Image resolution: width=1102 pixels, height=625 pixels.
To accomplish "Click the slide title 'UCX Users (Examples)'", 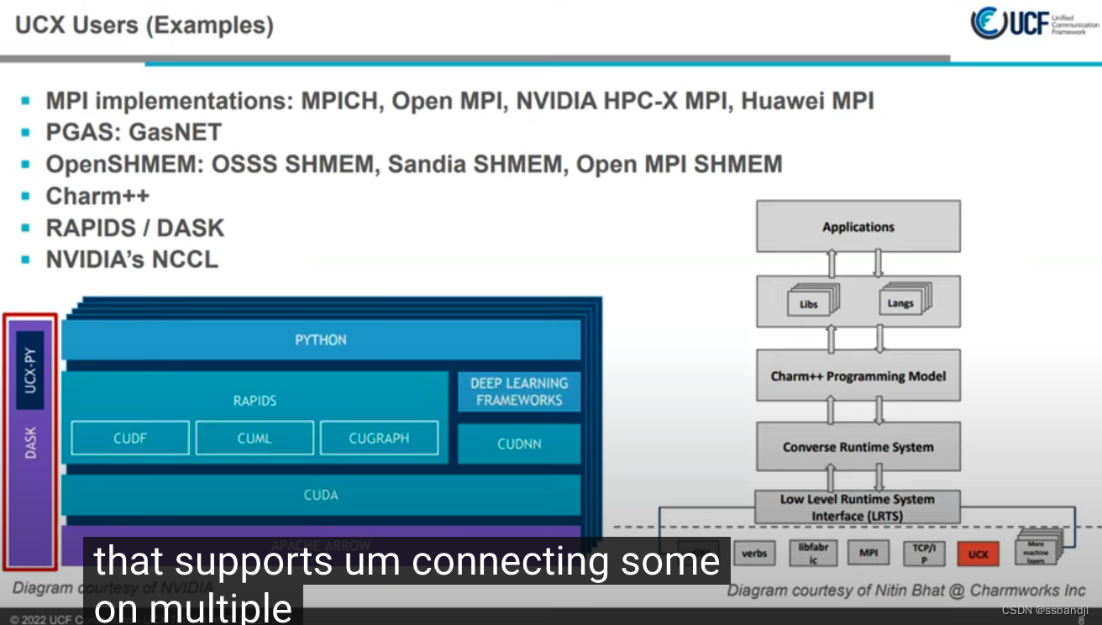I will click(144, 25).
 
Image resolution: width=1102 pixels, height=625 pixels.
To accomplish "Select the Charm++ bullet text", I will click(97, 196).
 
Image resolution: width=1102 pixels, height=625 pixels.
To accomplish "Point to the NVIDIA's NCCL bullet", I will click(132, 260).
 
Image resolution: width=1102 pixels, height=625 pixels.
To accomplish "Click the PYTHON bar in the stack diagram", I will click(321, 340).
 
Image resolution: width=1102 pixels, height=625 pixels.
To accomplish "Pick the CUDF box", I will click(130, 438).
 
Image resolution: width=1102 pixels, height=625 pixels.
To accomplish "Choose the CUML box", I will click(255, 438).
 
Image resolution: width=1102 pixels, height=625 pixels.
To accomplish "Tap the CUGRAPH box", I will click(379, 438).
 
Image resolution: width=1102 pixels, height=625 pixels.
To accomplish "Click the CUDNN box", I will click(519, 444).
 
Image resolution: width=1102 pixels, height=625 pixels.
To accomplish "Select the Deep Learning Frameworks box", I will click(519, 391).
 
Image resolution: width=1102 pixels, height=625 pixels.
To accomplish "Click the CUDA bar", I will click(321, 495).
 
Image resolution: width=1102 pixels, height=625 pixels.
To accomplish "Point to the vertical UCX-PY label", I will click(30, 370).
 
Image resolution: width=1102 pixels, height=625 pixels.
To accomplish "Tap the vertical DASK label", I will click(30, 443).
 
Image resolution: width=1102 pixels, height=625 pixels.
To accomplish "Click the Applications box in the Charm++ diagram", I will click(858, 227).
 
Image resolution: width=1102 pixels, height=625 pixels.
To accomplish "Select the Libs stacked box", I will click(808, 303).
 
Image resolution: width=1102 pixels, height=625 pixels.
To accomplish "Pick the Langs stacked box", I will click(900, 302).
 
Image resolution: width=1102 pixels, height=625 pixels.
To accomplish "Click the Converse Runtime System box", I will click(858, 447).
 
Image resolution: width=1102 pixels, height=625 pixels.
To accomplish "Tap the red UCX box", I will click(978, 554).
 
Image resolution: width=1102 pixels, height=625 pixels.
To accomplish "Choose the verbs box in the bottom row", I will click(754, 554).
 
